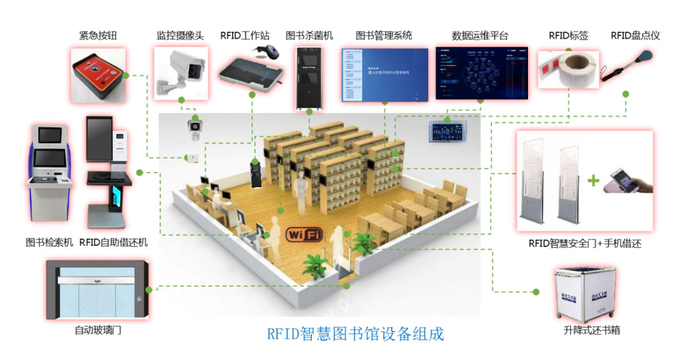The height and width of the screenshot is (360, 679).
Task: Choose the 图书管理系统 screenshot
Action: pyautogui.click(x=384, y=75)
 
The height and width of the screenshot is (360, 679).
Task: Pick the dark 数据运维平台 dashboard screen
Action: pyautogui.click(x=481, y=74)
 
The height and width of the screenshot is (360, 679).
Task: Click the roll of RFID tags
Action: pyautogui.click(x=568, y=70)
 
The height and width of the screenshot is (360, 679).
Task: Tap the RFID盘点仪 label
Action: pyautogui.click(x=635, y=36)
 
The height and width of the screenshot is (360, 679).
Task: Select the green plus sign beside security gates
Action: pyautogui.click(x=594, y=181)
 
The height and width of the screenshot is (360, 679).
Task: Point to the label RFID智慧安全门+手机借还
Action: pyautogui.click(x=585, y=244)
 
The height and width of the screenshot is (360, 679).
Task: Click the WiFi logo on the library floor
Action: pyautogui.click(x=304, y=234)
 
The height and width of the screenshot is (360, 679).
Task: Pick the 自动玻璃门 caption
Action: pyautogui.click(x=98, y=330)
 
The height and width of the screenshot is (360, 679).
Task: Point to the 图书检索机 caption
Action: pyautogui.click(x=50, y=243)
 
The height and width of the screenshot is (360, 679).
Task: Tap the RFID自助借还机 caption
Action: pyautogui.click(x=114, y=243)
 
